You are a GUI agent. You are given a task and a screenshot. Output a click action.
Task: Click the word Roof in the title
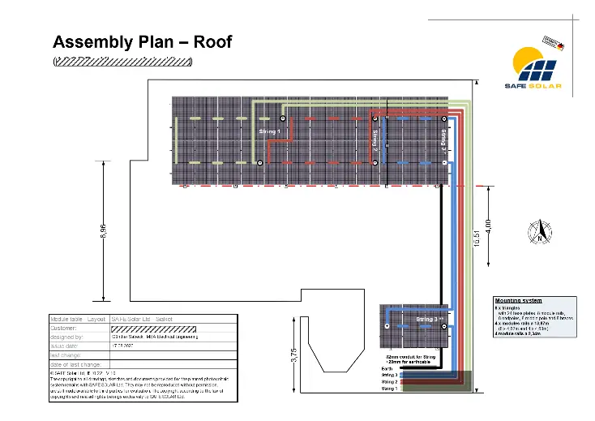210,41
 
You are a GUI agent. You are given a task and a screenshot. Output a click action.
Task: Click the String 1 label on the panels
269,131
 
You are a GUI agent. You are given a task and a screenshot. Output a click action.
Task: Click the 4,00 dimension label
487,222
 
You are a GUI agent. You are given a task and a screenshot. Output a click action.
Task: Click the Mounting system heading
518,300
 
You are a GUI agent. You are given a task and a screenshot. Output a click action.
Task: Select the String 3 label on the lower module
428,320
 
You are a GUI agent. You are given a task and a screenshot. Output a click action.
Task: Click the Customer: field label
65,328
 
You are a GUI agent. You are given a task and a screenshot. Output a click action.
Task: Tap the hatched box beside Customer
153,328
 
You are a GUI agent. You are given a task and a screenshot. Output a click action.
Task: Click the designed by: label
67,336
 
